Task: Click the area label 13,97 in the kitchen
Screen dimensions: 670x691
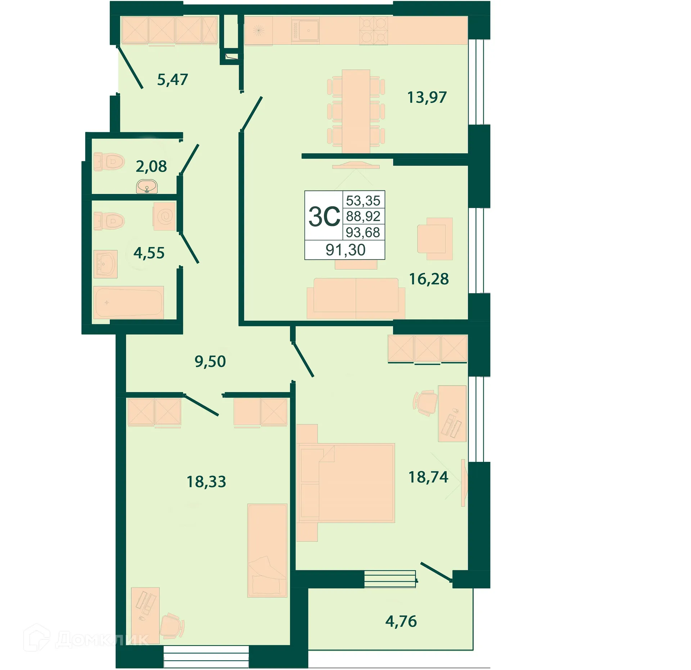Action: point(427,97)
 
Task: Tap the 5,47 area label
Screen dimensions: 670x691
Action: point(172,80)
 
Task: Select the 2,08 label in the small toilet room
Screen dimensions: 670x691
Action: point(151,166)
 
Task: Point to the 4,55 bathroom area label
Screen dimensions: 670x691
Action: point(149,253)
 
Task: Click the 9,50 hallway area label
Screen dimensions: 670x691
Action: point(210,361)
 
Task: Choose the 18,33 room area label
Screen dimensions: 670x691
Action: point(206,481)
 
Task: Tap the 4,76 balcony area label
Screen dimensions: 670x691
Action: point(401,621)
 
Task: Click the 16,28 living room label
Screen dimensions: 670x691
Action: point(429,279)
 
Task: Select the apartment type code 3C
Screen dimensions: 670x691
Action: point(324,217)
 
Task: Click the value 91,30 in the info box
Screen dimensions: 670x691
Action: point(345,250)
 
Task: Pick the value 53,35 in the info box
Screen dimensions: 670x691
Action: point(363,201)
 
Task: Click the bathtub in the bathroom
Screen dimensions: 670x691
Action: point(128,302)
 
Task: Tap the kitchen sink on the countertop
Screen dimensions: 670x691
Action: point(305,30)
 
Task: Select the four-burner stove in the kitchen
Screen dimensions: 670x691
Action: point(374,31)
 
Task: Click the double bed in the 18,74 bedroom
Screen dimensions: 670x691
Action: point(346,483)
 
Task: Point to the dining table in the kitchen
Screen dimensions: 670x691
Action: point(356,111)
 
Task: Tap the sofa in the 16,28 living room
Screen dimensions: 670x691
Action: point(356,298)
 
